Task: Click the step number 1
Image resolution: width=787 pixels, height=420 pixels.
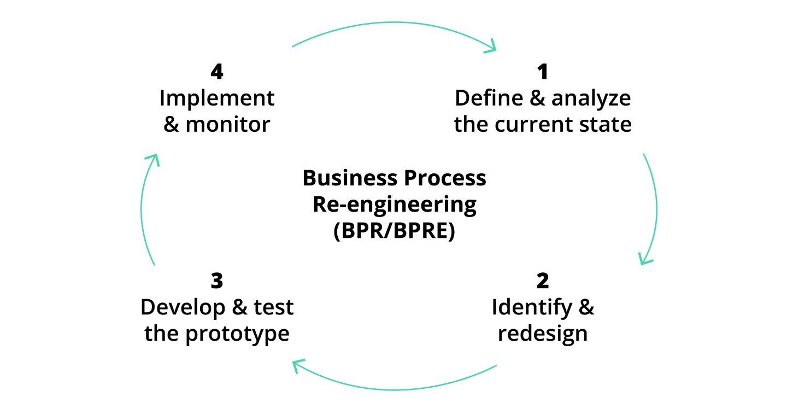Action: coord(542,72)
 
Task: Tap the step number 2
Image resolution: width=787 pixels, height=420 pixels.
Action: coord(542,282)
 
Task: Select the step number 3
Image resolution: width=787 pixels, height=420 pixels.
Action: coord(217,282)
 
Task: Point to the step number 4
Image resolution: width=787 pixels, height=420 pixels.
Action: coord(217,72)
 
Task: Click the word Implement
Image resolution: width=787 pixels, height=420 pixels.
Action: coord(217,99)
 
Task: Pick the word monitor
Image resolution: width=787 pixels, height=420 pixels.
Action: coord(228,125)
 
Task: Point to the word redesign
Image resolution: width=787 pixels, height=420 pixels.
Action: coord(542,334)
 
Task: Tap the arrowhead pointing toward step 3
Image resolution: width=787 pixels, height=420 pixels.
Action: coord(297,365)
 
